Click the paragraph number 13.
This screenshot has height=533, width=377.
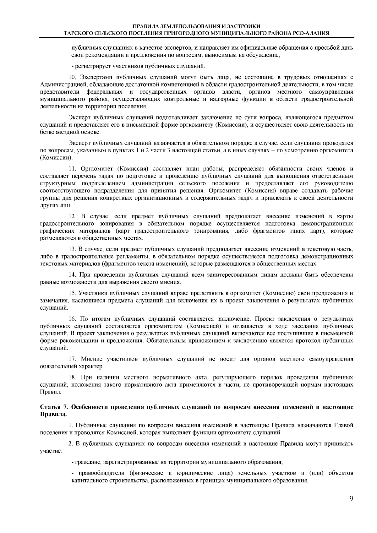coord(72,249)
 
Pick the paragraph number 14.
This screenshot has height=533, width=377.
coord(72,275)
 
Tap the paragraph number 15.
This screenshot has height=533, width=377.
coord(72,293)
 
